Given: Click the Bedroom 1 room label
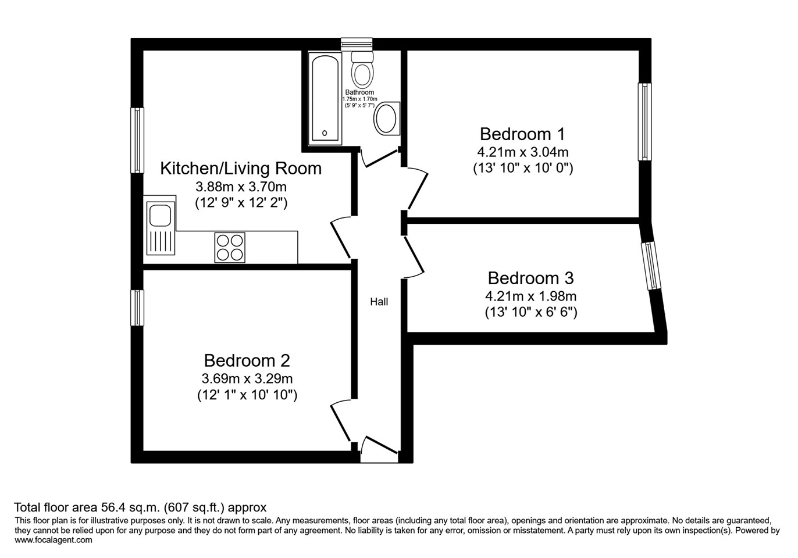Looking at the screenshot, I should [522, 134].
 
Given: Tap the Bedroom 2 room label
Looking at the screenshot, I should [247, 361].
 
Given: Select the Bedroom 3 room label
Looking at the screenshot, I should [530, 278].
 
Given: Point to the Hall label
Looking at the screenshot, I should [379, 302].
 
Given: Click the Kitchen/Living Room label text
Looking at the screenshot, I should [241, 169].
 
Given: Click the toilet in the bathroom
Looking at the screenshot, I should [362, 69].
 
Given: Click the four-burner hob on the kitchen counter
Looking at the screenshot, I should [230, 248].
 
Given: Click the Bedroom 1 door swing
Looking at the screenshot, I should [416, 188].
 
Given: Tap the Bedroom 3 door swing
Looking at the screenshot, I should [414, 256].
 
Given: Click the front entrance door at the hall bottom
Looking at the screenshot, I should [379, 449].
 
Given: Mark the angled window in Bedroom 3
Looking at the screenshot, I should [651, 266].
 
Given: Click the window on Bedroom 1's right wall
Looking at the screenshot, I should [644, 121].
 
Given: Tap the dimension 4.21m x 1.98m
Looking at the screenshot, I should [530, 296].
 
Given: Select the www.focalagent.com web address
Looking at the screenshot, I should [53, 540].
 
